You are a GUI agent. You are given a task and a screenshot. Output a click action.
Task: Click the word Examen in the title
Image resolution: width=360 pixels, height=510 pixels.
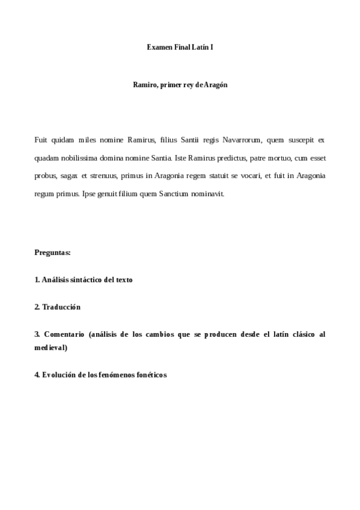pyautogui.click(x=159, y=46)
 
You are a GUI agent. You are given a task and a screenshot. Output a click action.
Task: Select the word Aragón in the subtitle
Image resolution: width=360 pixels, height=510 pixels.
pyautogui.click(x=216, y=85)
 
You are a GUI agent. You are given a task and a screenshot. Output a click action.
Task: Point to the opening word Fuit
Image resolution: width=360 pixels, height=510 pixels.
pyautogui.click(x=41, y=140)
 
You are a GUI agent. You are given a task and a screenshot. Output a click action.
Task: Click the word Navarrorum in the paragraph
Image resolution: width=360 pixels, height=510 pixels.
pyautogui.click(x=242, y=140)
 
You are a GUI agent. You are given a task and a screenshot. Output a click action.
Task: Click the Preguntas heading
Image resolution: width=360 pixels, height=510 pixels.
pyautogui.click(x=53, y=253)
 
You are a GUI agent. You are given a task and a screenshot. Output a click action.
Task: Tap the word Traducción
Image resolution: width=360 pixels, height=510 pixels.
pyautogui.click(x=61, y=307)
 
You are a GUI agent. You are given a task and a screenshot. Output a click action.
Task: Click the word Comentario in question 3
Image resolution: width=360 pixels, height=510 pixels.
pyautogui.click(x=64, y=334)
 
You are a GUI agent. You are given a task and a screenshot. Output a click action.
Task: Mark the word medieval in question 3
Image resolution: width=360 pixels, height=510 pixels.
pyautogui.click(x=50, y=348)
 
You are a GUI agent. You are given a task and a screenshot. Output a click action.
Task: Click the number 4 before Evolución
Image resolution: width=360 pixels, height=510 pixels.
pyautogui.click(x=37, y=375)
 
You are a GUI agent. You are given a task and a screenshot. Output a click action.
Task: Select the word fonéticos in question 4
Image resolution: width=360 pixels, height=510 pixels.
pyautogui.click(x=149, y=375)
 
